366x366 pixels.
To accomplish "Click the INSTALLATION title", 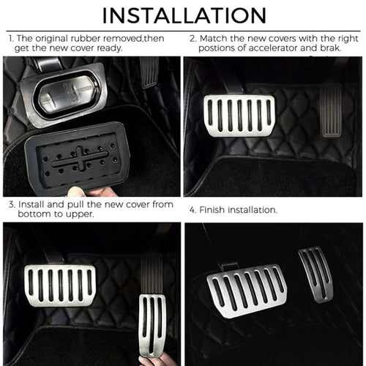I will (183, 15).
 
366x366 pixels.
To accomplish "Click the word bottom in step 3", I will (26, 216).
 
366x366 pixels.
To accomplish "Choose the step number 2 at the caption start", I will (192, 37).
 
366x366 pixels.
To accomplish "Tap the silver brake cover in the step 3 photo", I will (60, 285).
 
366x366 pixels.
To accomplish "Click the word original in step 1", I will (51, 37).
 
